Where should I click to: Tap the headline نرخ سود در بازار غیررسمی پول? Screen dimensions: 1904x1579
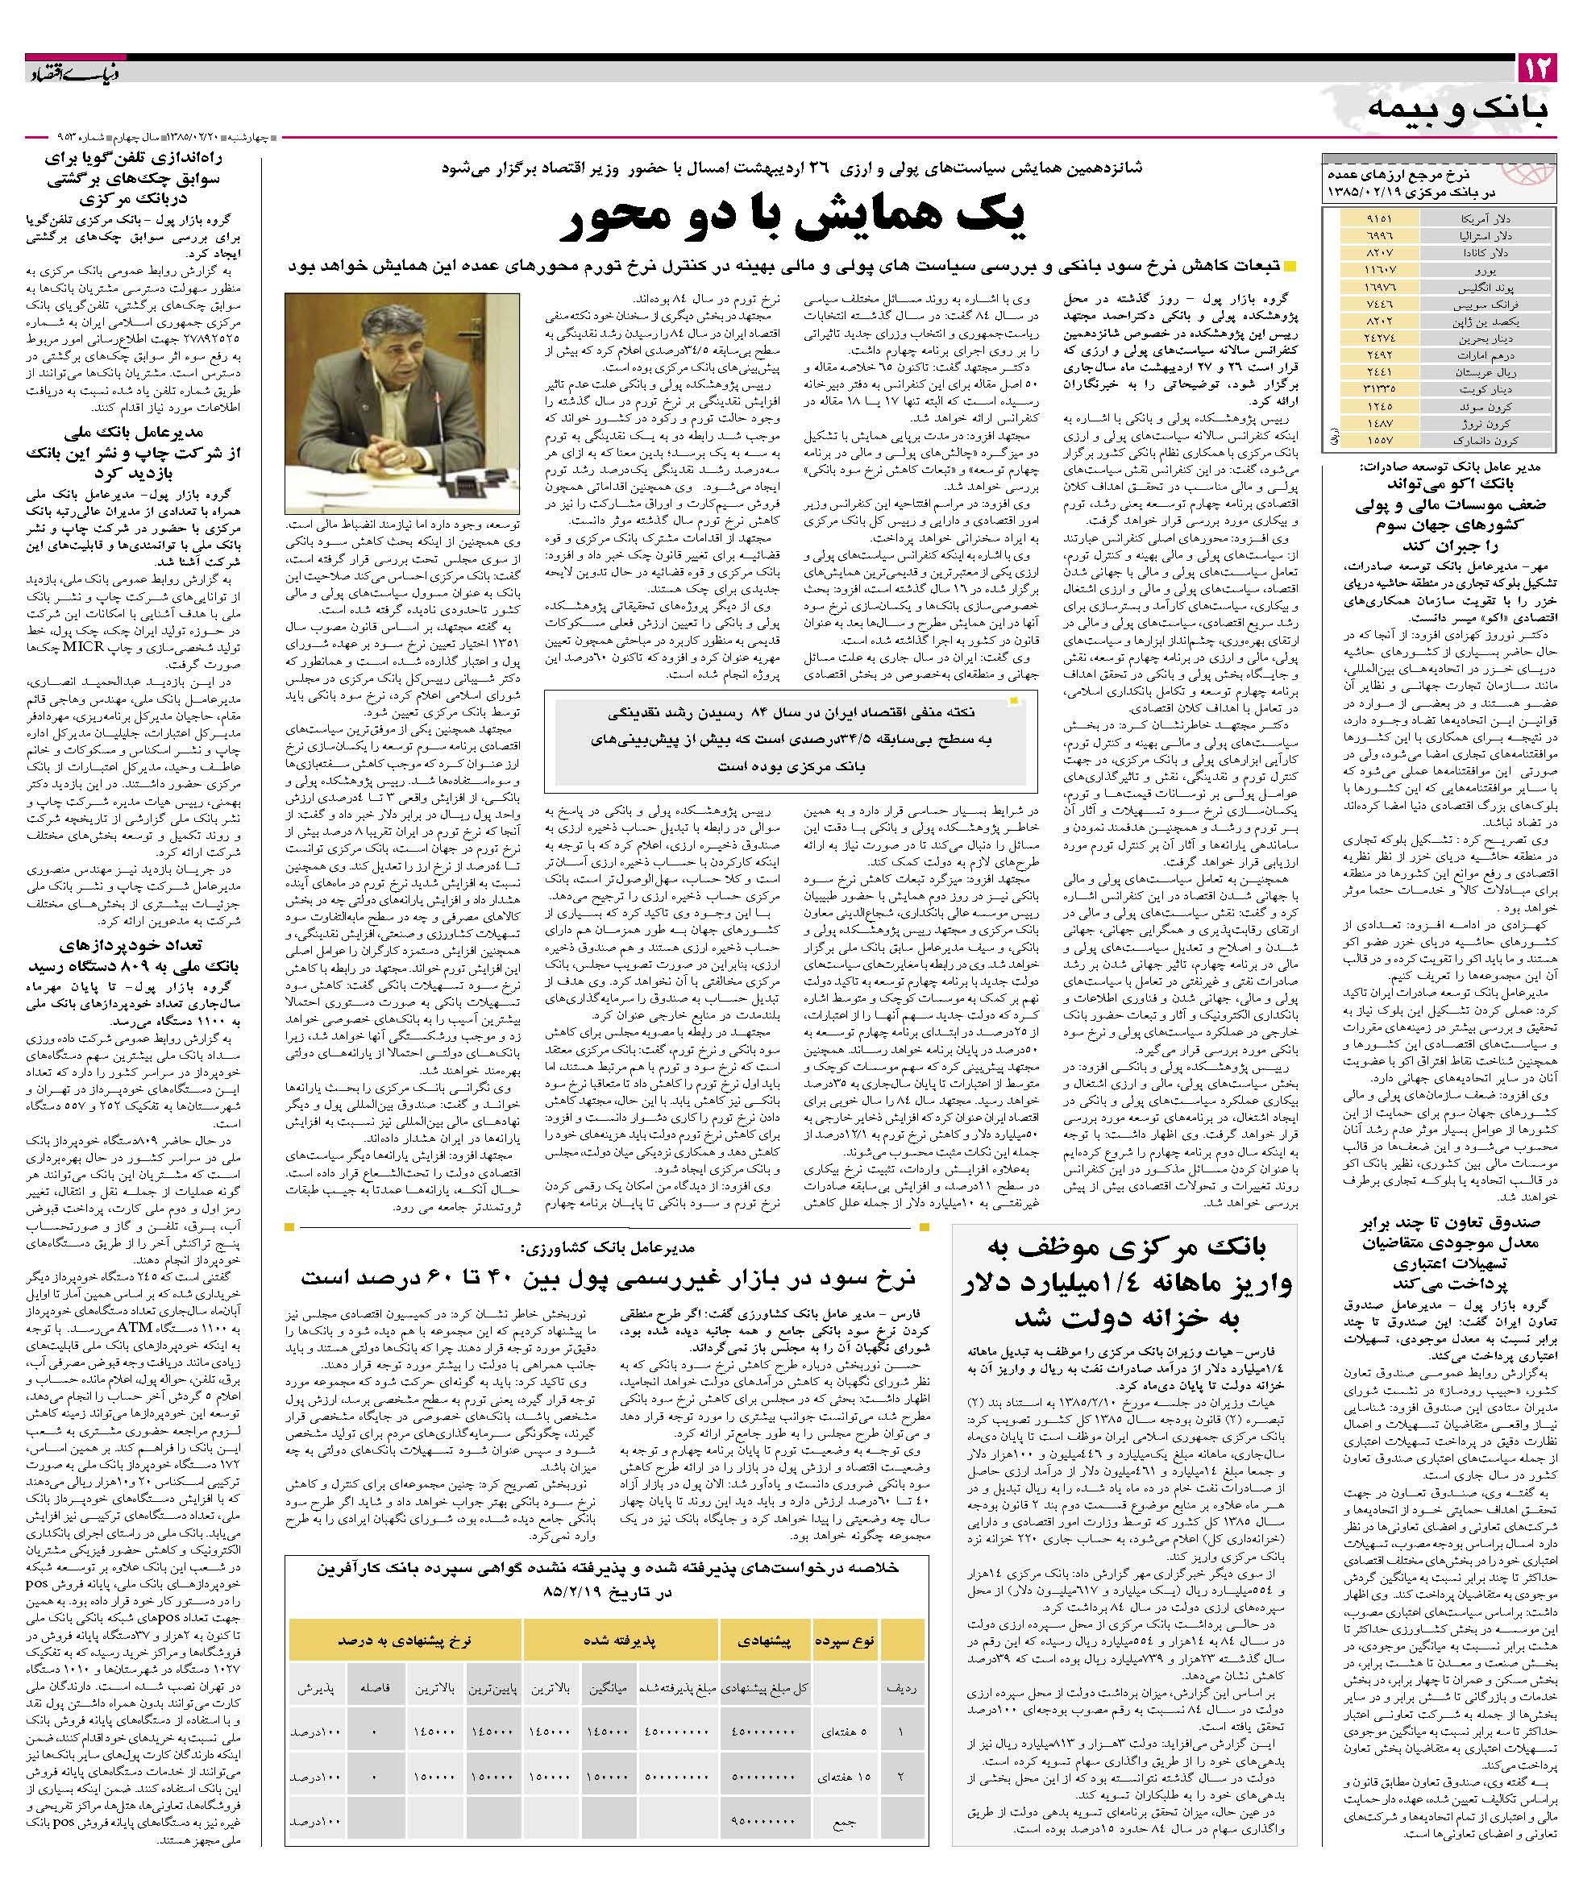[x=608, y=1277]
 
